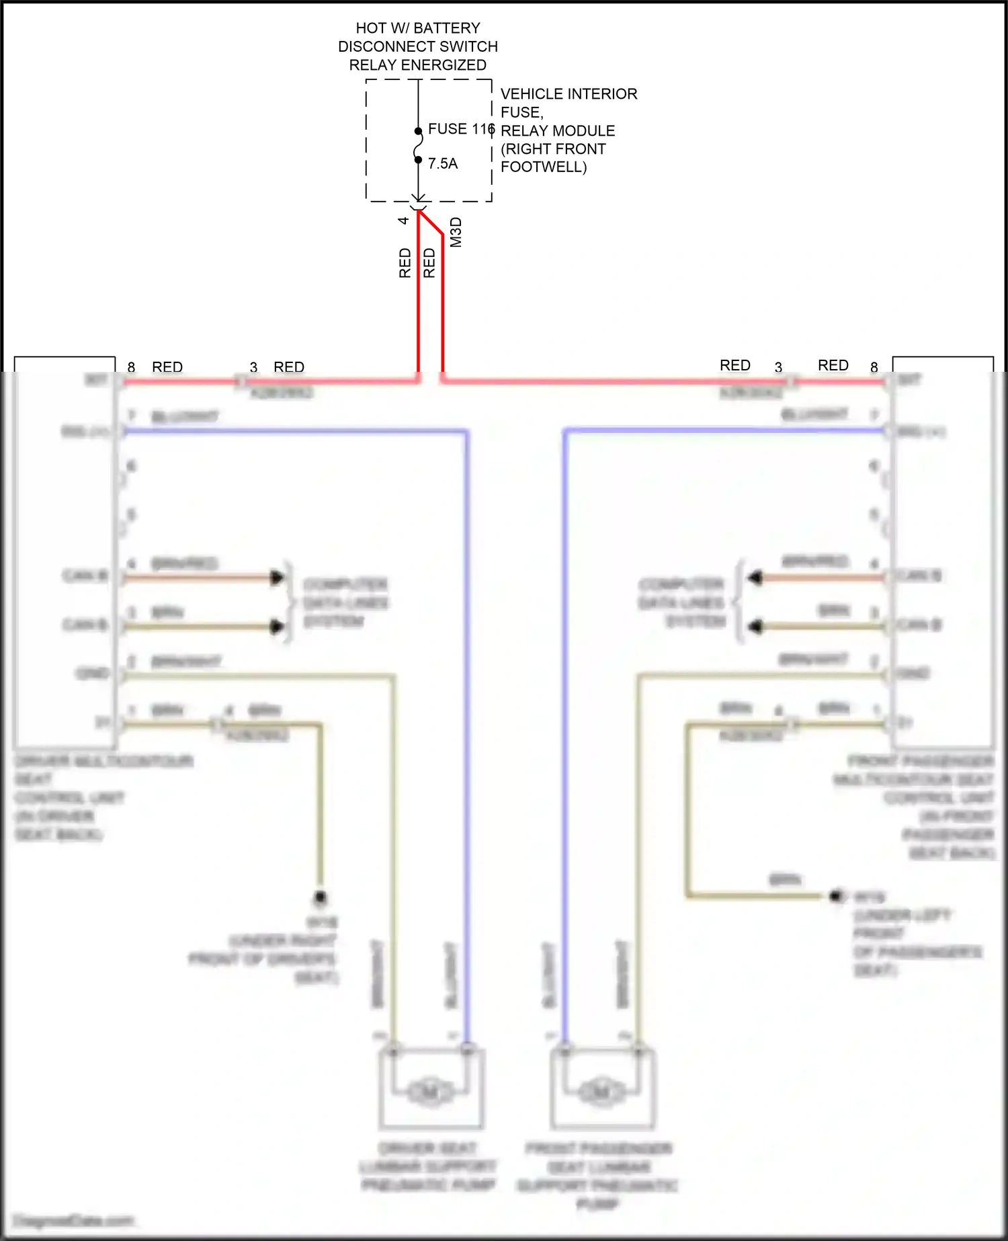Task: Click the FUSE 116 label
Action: tap(461, 128)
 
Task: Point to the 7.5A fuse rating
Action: tap(443, 163)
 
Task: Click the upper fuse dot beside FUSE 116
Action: tap(418, 131)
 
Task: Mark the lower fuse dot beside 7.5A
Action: tap(418, 159)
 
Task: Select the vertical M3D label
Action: tap(456, 232)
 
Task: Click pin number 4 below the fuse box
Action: tap(403, 221)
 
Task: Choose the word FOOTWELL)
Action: tap(544, 167)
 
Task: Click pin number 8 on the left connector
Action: tap(132, 367)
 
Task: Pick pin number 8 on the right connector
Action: tap(874, 367)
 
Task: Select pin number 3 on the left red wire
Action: tap(253, 367)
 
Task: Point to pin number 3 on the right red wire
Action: tap(778, 367)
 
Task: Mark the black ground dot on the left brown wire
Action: tap(321, 897)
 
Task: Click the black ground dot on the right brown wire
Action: tap(837, 895)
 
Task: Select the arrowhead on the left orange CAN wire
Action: tap(276, 577)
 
